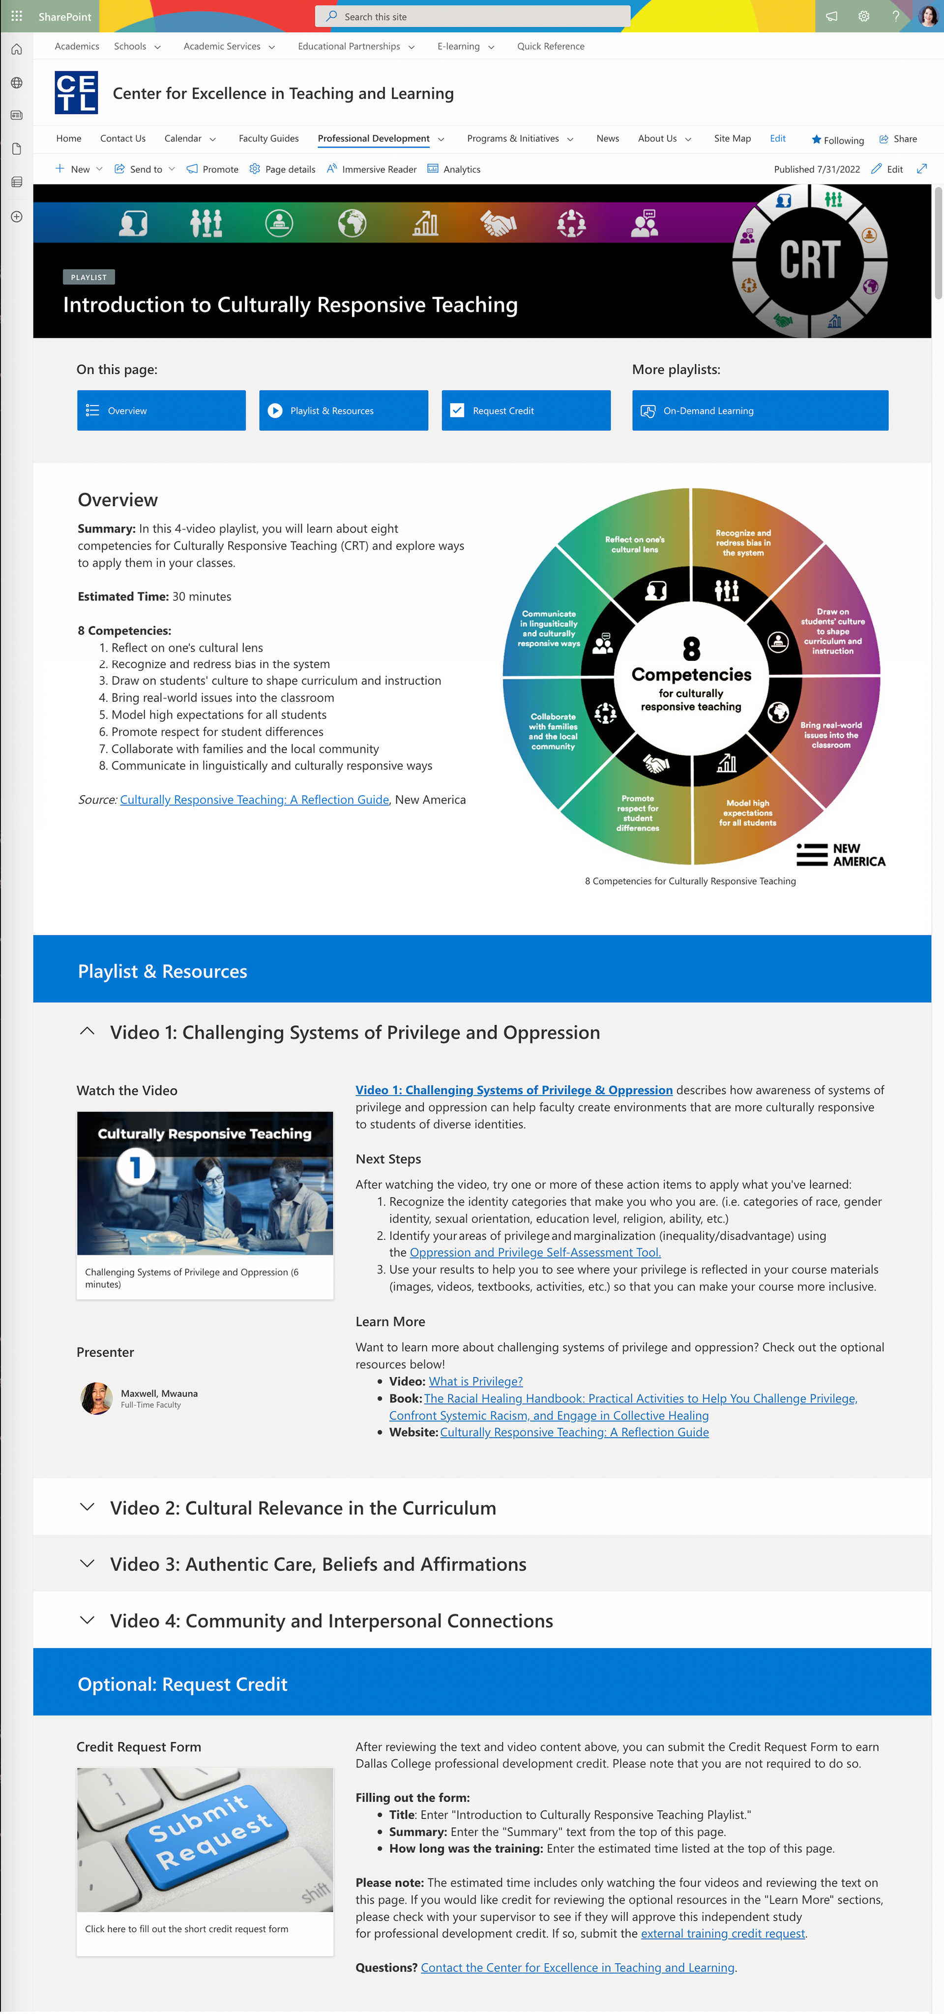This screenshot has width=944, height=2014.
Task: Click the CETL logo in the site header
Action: [x=76, y=93]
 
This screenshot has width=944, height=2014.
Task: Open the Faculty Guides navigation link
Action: [x=268, y=138]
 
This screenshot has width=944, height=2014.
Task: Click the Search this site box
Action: [x=473, y=16]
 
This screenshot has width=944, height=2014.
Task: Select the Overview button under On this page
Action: [x=161, y=411]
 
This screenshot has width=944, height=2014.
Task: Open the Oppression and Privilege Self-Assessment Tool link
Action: [x=534, y=1252]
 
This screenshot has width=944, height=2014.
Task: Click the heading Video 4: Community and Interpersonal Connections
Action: [x=331, y=1621]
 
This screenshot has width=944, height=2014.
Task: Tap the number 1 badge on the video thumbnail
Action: [x=135, y=1167]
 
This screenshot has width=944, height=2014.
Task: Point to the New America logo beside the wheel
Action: [x=840, y=855]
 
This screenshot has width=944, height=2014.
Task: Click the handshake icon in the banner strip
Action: [x=498, y=224]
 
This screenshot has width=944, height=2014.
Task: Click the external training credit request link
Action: [x=722, y=1933]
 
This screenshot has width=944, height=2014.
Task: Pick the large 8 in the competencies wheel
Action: [x=691, y=648]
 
